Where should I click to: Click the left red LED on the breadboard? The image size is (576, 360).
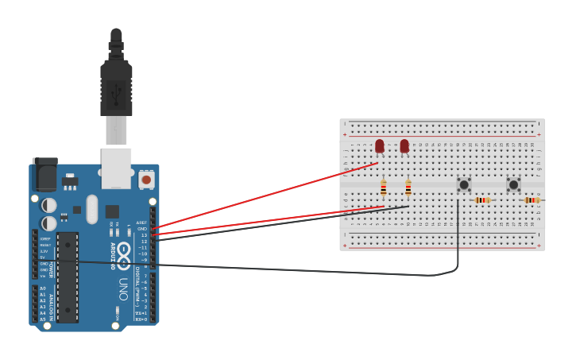click(380, 146)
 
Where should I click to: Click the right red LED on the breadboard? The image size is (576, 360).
click(404, 146)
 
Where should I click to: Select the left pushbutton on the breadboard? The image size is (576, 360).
click(464, 185)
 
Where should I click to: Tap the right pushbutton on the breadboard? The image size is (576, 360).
click(513, 185)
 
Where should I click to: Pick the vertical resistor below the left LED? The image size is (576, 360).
click(384, 189)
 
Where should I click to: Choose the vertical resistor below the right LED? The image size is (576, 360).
click(408, 189)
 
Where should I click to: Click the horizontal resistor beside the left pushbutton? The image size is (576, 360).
click(482, 200)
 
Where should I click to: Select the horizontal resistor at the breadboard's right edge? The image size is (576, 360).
click(532, 200)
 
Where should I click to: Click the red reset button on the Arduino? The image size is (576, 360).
click(146, 180)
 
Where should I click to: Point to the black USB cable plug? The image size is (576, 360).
click(116, 87)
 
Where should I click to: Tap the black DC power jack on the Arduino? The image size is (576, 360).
click(44, 173)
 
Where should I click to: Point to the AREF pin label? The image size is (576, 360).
click(141, 223)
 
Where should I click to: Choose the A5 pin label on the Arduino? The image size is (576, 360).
click(43, 319)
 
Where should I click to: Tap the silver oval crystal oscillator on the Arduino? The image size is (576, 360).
click(92, 209)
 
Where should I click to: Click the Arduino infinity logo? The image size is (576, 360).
click(124, 253)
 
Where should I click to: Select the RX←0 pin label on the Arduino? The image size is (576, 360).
click(141, 319)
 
